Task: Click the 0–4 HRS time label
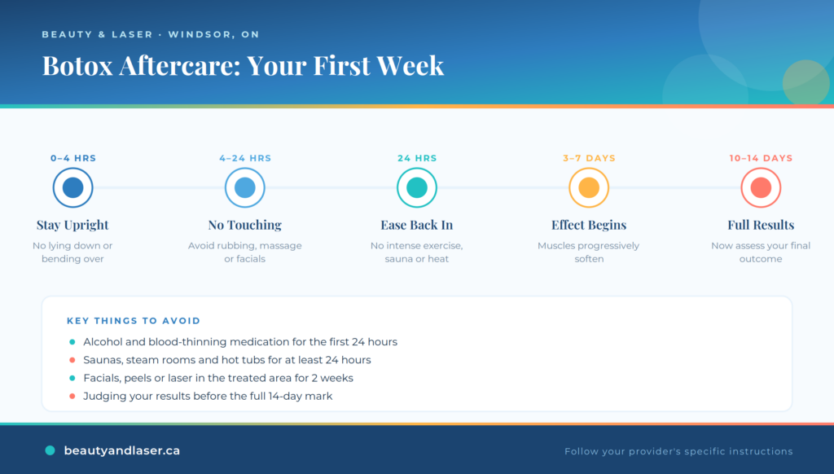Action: pyautogui.click(x=72, y=158)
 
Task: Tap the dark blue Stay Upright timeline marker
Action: pyautogui.click(x=72, y=187)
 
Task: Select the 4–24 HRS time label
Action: pyautogui.click(x=245, y=158)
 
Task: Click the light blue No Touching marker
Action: pyautogui.click(x=244, y=187)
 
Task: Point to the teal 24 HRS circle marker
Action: pyautogui.click(x=417, y=187)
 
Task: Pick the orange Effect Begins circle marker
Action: pyautogui.click(x=589, y=187)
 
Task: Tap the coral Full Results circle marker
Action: pyautogui.click(x=761, y=187)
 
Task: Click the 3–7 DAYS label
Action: pyautogui.click(x=589, y=158)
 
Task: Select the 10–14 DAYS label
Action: pyautogui.click(x=761, y=158)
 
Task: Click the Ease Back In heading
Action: pyautogui.click(x=417, y=225)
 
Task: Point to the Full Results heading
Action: pyautogui.click(x=761, y=225)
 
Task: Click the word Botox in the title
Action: pyautogui.click(x=77, y=65)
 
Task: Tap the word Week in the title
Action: pyautogui.click(x=410, y=65)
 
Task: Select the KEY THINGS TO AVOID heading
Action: pyautogui.click(x=134, y=321)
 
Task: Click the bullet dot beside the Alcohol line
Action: pyautogui.click(x=72, y=342)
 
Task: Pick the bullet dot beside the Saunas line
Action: pyautogui.click(x=72, y=360)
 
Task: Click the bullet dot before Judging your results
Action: pyautogui.click(x=72, y=397)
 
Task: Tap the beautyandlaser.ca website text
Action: pyautogui.click(x=122, y=450)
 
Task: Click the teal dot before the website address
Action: pyautogui.click(x=50, y=450)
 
